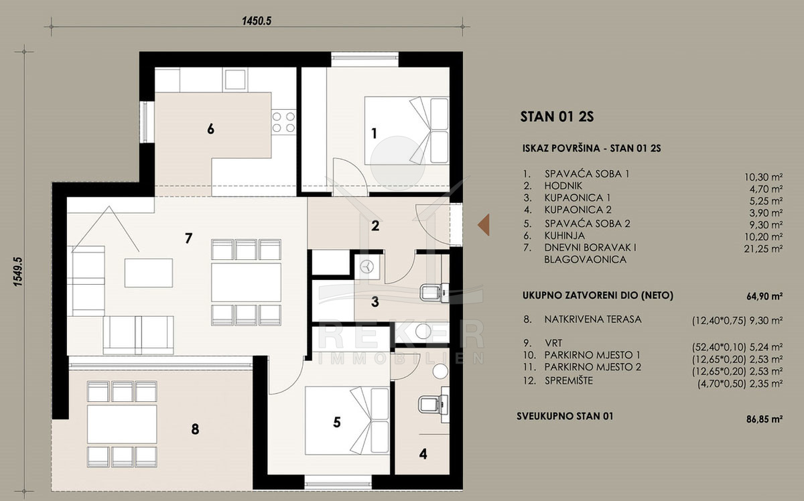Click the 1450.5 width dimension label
[x=257, y=21]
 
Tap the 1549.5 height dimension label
[x=18, y=272]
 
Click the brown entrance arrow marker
[x=484, y=224]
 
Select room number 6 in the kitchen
[x=210, y=129]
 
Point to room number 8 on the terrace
[x=195, y=429]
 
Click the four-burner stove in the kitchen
[x=283, y=122]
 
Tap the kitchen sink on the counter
[x=235, y=79]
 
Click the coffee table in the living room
[x=149, y=273]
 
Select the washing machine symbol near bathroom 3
[x=367, y=267]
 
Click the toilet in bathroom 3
[x=434, y=293]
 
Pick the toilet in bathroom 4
[x=433, y=405]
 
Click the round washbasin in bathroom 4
[x=440, y=372]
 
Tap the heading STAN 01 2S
[x=557, y=117]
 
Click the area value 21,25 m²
[x=763, y=248]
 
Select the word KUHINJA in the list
[x=564, y=235]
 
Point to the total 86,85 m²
[x=764, y=419]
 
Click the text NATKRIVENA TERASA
[x=592, y=319]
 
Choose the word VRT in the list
[x=553, y=344]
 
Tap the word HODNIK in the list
[x=563, y=186]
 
